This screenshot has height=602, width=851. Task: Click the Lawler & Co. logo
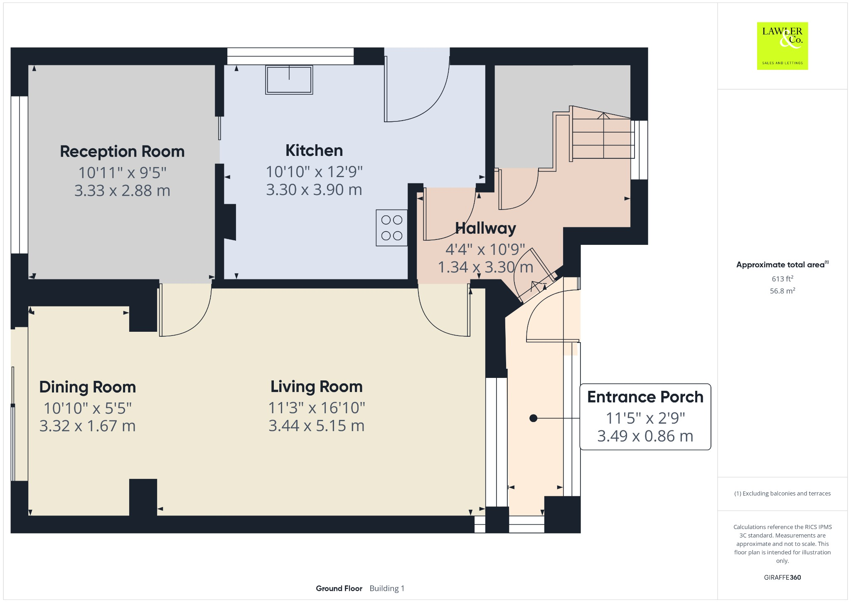(782, 46)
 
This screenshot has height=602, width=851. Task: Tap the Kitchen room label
(314, 150)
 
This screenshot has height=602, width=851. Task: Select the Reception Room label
(122, 152)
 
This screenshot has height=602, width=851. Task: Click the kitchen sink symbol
(289, 80)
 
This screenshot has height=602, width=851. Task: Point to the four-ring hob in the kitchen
(392, 228)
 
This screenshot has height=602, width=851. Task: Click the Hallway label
(485, 228)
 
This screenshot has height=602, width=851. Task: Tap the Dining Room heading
(88, 387)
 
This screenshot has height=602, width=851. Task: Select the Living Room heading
(317, 387)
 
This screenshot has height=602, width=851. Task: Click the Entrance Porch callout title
(645, 397)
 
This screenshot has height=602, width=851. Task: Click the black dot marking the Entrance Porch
(534, 418)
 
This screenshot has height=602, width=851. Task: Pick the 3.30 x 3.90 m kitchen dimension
(314, 190)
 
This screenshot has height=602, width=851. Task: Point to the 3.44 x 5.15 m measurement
(317, 426)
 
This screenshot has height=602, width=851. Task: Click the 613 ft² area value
(782, 279)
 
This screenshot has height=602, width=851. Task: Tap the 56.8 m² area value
(782, 291)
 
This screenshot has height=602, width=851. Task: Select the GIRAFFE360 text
(782, 577)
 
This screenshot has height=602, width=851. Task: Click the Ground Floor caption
(339, 588)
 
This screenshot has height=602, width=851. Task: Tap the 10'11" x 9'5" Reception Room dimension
(122, 172)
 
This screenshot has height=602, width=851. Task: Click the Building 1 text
(387, 588)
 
